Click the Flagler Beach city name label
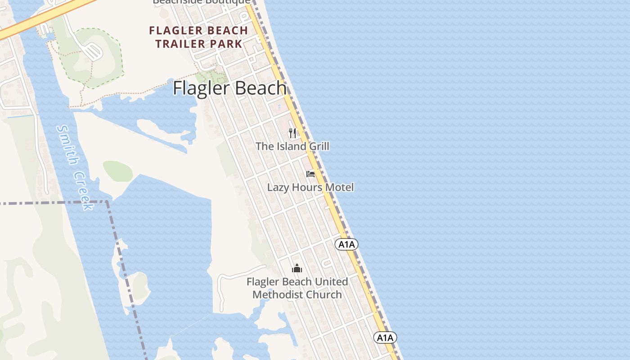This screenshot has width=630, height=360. click(229, 88)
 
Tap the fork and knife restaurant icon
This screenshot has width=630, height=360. click(292, 133)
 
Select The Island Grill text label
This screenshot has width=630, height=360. click(292, 146)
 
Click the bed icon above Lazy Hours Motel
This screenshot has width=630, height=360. click(310, 174)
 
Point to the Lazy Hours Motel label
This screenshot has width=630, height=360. click(310, 187)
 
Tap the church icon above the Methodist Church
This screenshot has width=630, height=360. click(297, 269)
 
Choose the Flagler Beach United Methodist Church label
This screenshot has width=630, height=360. click(297, 288)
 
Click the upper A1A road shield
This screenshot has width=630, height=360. click(346, 244)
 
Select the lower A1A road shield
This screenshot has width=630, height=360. click(385, 337)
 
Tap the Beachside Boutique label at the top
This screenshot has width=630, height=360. click(202, 2)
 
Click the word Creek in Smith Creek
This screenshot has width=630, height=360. click(85, 191)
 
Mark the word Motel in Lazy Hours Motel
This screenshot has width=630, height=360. click(340, 187)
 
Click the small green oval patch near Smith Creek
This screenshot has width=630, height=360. click(118, 171)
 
